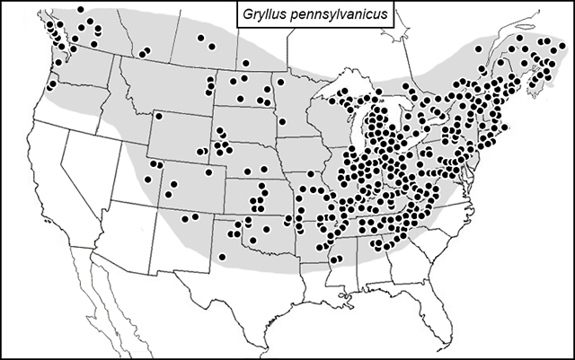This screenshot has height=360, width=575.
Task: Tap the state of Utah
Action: click(135, 166)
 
